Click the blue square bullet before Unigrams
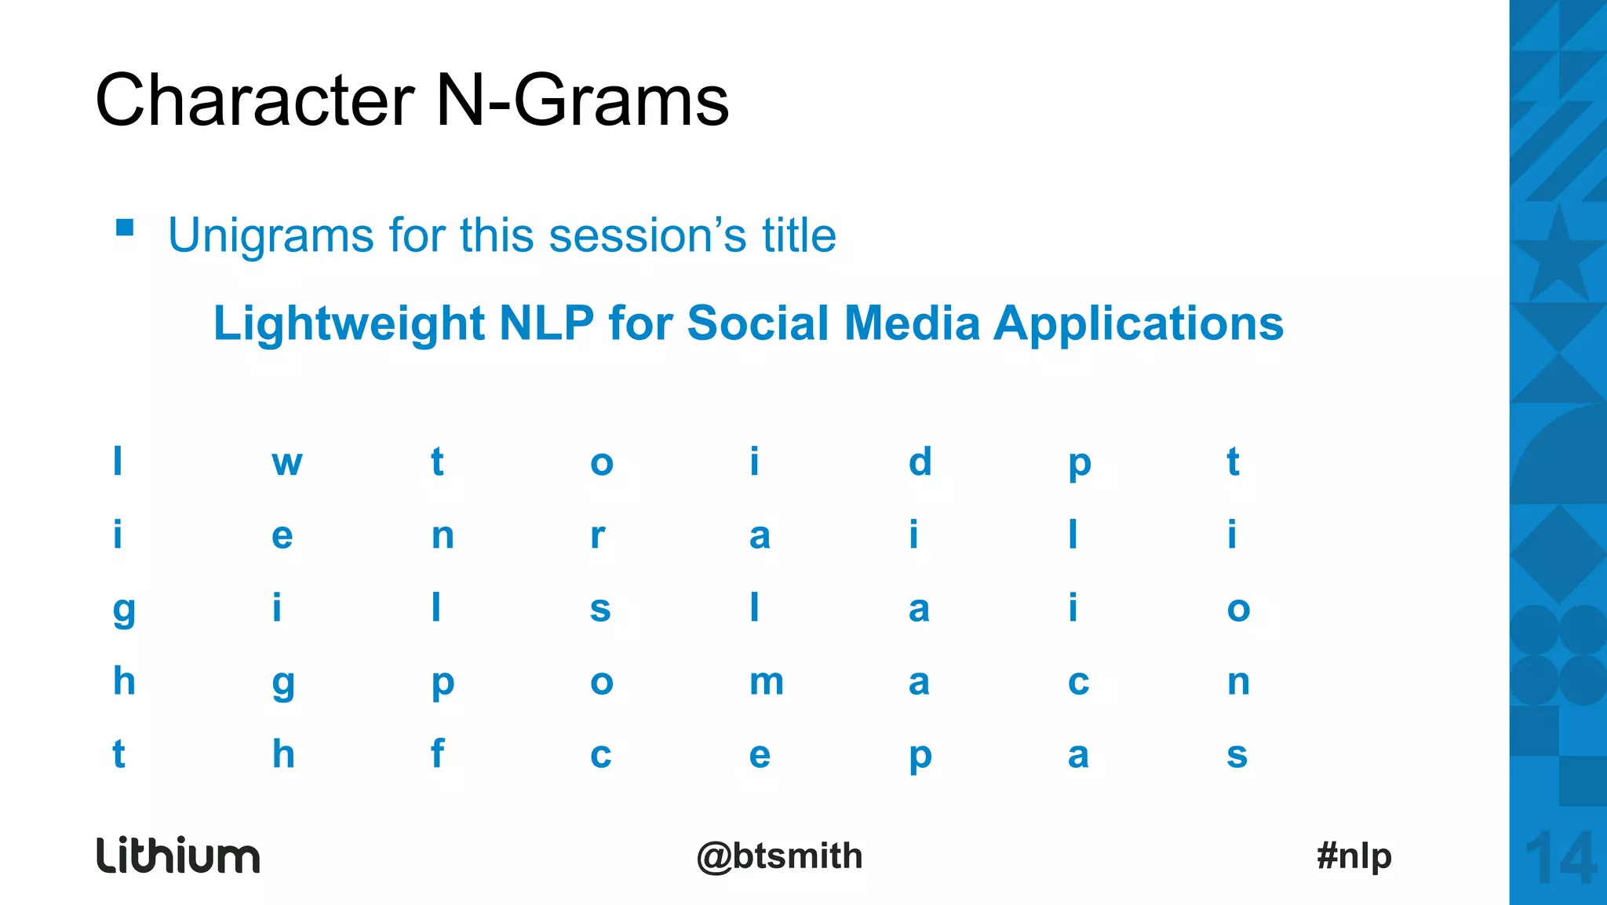[x=125, y=228]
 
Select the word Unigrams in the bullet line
[x=271, y=235]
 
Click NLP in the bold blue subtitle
[x=546, y=323]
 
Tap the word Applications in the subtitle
[x=1139, y=323]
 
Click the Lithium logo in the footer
[x=178, y=856]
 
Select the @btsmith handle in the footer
[x=779, y=856]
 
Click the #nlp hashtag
[x=1354, y=856]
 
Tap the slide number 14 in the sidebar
[x=1561, y=859]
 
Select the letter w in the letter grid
[x=287, y=463]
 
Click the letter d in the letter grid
[x=920, y=462]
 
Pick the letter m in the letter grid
[x=766, y=682]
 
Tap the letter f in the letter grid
[x=438, y=754]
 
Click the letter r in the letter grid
[x=598, y=536]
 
